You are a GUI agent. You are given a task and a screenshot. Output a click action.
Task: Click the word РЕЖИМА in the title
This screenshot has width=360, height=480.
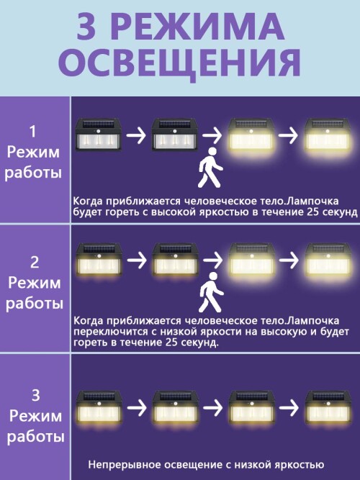tap(200, 27)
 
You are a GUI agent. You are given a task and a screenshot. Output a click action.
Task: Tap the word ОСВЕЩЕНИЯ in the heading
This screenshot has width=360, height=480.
tap(179, 63)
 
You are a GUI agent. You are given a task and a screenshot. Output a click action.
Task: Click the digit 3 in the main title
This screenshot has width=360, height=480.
tap(86, 27)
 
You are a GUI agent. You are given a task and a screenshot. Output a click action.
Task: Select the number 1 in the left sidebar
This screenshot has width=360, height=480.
tap(32, 131)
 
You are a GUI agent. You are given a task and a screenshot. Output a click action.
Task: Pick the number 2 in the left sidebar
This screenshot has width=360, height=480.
tap(35, 263)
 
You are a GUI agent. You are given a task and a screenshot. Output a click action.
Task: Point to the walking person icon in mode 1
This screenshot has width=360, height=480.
tap(210, 168)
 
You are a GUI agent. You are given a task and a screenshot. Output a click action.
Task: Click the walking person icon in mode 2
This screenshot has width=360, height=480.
tap(211, 292)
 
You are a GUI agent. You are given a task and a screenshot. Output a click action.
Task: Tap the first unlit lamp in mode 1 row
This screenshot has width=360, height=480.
tap(99, 135)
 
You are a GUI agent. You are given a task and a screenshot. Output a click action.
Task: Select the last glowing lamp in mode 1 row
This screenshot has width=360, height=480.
tap(327, 135)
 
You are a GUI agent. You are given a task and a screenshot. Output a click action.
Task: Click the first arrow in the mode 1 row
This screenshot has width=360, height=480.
tap(136, 135)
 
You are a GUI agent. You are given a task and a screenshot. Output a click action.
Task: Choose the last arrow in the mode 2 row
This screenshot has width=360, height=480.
tap(289, 260)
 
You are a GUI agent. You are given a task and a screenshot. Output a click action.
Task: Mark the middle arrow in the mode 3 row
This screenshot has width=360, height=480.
tap(213, 408)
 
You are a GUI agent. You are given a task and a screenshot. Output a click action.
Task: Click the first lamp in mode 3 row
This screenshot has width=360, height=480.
tap(99, 407)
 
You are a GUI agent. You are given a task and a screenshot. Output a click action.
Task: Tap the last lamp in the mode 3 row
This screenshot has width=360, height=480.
tap(328, 407)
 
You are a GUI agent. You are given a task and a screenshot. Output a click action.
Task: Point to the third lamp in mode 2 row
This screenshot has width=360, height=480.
tap(251, 260)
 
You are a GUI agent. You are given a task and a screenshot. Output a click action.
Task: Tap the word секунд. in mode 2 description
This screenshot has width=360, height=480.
tap(200, 343)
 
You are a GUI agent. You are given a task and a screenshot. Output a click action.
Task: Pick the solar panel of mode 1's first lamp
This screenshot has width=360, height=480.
tap(99, 124)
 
